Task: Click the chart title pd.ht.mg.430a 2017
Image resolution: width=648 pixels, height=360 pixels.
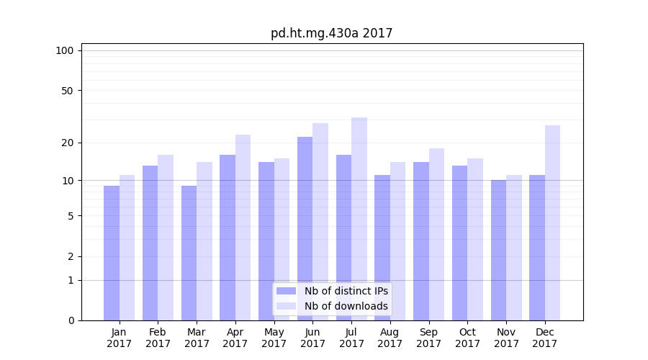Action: (331, 33)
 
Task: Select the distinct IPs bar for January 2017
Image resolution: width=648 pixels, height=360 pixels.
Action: (112, 253)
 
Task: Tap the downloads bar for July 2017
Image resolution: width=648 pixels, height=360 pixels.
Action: (359, 219)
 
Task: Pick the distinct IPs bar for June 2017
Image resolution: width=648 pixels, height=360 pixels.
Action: (305, 228)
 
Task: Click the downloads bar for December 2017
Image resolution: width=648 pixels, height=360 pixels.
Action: (552, 222)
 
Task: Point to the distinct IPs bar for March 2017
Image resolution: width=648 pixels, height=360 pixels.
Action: (189, 253)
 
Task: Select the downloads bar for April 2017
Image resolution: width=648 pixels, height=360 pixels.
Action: (243, 228)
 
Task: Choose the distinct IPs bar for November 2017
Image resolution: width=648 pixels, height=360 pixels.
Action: (498, 250)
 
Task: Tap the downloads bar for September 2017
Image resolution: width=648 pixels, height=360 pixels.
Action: (436, 234)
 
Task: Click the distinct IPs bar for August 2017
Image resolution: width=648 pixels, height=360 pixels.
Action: (382, 248)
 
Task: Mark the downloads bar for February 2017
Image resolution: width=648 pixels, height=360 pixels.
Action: (166, 238)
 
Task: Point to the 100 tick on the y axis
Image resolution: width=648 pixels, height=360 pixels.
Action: (65, 50)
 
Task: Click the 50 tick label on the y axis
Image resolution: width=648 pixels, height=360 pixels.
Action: (68, 91)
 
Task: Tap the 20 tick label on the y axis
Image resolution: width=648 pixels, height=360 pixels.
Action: (68, 143)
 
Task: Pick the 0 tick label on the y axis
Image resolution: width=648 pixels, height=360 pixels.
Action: (71, 320)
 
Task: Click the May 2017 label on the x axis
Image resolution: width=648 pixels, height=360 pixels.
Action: (274, 338)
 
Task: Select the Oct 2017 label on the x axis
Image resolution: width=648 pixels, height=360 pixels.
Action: (467, 338)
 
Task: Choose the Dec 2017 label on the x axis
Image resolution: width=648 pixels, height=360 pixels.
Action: (545, 338)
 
